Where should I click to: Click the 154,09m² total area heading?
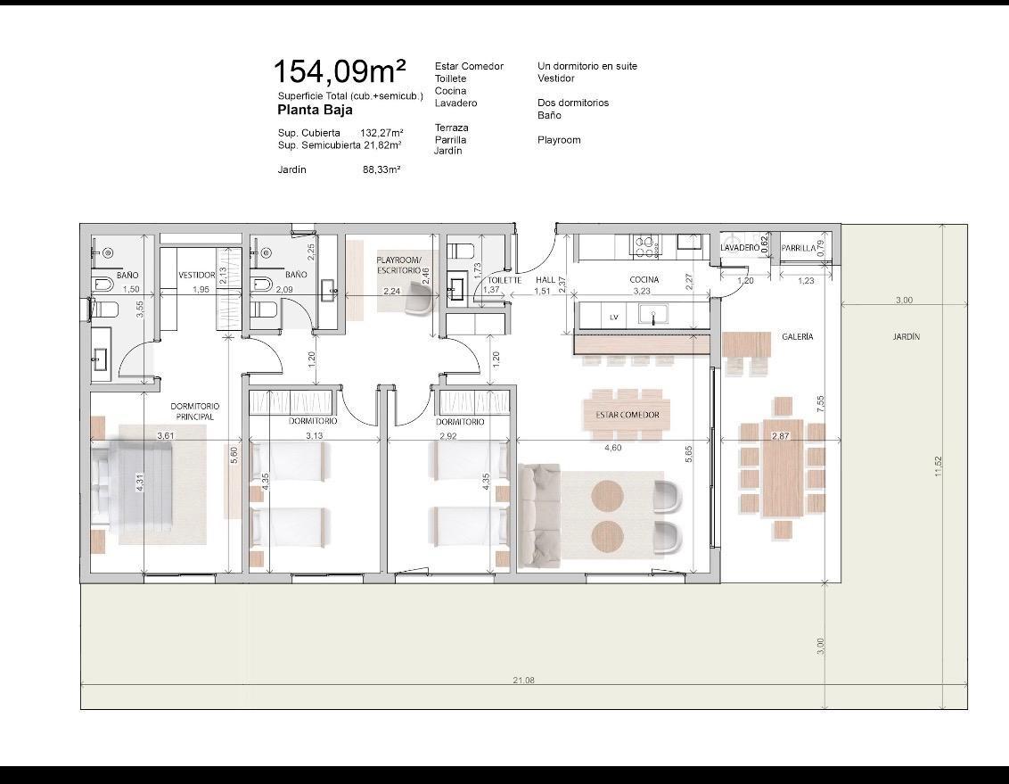(x=340, y=70)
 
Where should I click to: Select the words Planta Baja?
(x=315, y=110)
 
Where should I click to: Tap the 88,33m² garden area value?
(x=381, y=170)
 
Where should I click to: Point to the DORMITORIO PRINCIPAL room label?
(x=195, y=411)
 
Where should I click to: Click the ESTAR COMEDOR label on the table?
(x=628, y=415)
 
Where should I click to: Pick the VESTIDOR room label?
(x=197, y=275)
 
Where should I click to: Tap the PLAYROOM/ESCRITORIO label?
(x=399, y=265)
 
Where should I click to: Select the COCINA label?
(x=644, y=279)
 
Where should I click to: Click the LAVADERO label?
(x=740, y=248)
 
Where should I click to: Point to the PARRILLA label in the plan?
(x=799, y=248)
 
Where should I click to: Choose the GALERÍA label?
(x=797, y=336)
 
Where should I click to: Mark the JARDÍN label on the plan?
(x=906, y=336)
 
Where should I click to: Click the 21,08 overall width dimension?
(x=524, y=680)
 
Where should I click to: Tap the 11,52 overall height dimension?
(x=939, y=466)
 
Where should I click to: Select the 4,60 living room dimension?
(x=612, y=448)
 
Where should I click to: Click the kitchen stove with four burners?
(x=646, y=246)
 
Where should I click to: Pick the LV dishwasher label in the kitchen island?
(x=614, y=318)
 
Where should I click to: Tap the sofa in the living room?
(x=539, y=516)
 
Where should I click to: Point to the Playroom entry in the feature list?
(x=559, y=140)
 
